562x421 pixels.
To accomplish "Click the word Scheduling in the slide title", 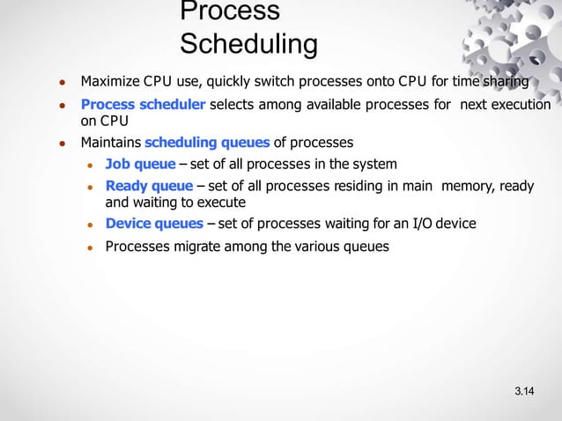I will pyautogui.click(x=248, y=43).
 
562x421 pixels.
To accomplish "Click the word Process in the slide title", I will pyautogui.click(x=229, y=11).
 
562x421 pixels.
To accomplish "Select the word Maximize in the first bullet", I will pyautogui.click(x=109, y=83).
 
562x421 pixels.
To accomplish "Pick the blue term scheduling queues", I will pyautogui.click(x=207, y=143).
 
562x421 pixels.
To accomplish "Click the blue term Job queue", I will pyautogui.click(x=140, y=165).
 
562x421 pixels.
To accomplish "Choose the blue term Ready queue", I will pyautogui.click(x=149, y=186).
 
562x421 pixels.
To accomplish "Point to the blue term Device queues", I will pyautogui.click(x=154, y=224).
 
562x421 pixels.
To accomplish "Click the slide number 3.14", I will pyautogui.click(x=526, y=390).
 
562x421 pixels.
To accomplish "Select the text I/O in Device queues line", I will pyautogui.click(x=404, y=224).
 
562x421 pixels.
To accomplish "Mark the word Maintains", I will pyautogui.click(x=111, y=143).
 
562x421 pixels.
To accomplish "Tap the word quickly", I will pyautogui.click(x=232, y=83).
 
